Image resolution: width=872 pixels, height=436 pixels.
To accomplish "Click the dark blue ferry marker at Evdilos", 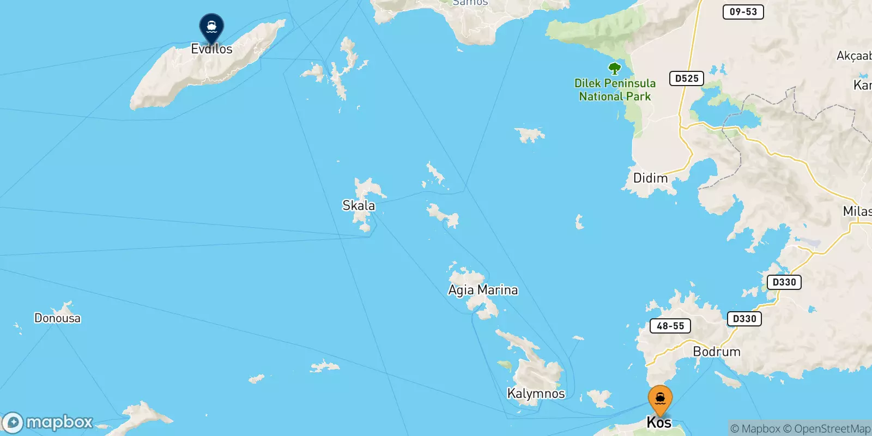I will pos(211,26).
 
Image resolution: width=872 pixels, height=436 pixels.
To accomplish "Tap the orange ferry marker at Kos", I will pos(660,399).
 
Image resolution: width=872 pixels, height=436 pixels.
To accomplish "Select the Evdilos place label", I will pos(211,49).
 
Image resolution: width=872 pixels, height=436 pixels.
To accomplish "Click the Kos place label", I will pos(659,422).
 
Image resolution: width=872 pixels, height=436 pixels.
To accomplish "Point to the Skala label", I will pos(359,205).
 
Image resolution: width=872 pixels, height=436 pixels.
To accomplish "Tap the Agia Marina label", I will pos(483,290).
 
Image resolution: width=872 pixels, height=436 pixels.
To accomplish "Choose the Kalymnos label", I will pos(536,393).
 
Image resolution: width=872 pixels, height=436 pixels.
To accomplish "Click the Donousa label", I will pos(57,318).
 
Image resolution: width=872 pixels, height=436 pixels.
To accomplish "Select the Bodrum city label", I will pos(717,352).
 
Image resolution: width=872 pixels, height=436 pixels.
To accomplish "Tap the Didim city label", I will pos(650,178).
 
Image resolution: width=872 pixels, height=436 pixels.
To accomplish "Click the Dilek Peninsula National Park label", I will pos(615,90).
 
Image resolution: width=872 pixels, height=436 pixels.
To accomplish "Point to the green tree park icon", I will pos(615,69).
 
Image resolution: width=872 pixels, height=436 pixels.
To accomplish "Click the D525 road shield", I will pos(687,78).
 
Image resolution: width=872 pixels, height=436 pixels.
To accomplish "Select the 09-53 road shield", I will pos(743,11).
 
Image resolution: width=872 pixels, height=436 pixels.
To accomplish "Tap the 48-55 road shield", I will pos(670,326).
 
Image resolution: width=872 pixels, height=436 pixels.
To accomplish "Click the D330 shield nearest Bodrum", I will pos(744,319).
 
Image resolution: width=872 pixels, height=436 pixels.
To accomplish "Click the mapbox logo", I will pos(48,422).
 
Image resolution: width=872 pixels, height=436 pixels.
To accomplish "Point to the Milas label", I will pos(857,211).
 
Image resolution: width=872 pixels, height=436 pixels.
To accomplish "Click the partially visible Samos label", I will pos(470,3).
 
